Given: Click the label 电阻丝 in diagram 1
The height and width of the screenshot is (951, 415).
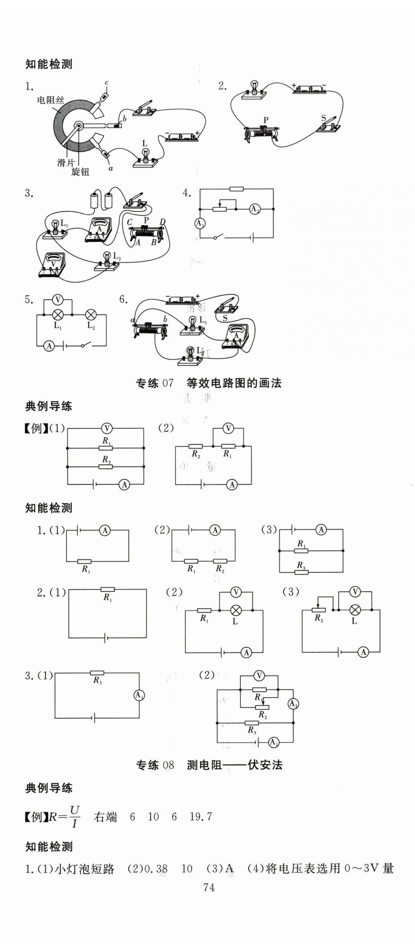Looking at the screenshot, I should click(51, 100).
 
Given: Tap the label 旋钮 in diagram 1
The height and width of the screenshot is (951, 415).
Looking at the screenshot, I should click(80, 172).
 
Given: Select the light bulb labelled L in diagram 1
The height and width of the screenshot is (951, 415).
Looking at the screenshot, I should click(145, 155).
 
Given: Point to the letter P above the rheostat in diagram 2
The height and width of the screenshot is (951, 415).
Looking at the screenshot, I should click(266, 120).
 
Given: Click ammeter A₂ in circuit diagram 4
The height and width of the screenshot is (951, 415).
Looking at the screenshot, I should click(254, 209).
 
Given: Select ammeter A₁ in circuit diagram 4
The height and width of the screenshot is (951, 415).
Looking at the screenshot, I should click(200, 223).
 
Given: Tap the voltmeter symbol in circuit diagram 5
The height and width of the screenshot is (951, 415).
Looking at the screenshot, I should click(57, 299).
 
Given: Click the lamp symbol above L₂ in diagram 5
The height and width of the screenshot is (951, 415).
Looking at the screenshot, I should click(91, 315).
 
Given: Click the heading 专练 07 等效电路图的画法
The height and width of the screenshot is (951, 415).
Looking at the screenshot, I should click(208, 383).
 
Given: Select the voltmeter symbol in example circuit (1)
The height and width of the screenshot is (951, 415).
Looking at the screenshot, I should click(107, 428).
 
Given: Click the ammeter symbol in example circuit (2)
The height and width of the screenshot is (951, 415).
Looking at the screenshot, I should click(232, 484).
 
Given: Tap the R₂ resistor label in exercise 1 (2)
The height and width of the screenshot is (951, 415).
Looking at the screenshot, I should click(220, 569).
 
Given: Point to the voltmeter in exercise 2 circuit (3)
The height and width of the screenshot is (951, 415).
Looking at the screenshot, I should click(356, 592).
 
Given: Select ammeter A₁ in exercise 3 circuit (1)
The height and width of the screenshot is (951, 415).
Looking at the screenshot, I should click(139, 695).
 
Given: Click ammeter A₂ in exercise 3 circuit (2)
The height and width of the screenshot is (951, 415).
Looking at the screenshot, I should click(293, 703).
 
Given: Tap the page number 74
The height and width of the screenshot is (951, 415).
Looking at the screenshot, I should click(209, 887).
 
